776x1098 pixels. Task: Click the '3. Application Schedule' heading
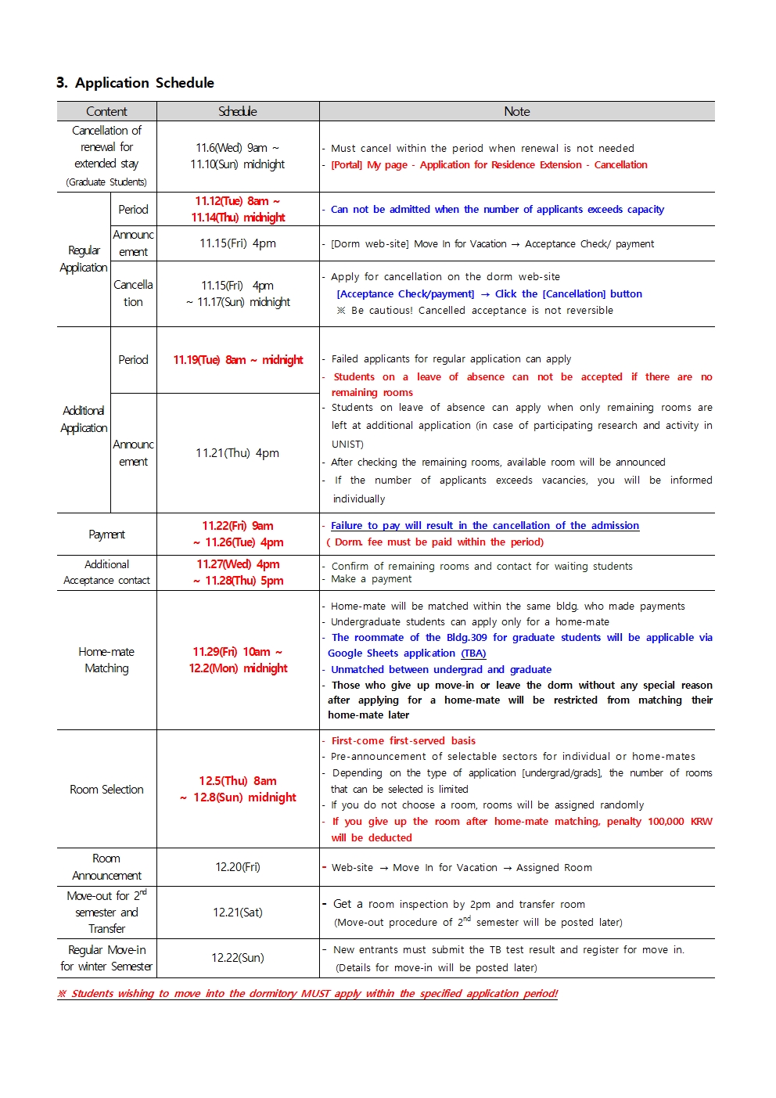(x=135, y=83)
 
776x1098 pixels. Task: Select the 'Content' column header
(x=106, y=112)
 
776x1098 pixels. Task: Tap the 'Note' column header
(x=516, y=112)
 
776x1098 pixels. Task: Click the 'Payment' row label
(x=106, y=535)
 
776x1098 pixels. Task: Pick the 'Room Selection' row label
(x=106, y=790)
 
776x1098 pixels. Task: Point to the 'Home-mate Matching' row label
(x=106, y=660)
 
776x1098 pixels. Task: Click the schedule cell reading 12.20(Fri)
(x=238, y=867)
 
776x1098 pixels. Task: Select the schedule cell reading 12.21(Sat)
(x=238, y=913)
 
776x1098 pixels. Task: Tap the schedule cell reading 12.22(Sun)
(x=238, y=958)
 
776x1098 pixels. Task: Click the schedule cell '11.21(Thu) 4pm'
(x=238, y=453)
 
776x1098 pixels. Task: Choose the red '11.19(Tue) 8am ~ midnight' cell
(x=238, y=360)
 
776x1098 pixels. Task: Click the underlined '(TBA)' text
(x=473, y=653)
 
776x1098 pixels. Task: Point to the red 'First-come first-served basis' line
(x=403, y=740)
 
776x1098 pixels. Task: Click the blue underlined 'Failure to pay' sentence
(x=485, y=526)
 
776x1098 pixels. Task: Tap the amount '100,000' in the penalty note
(x=666, y=822)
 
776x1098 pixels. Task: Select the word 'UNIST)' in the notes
(x=347, y=445)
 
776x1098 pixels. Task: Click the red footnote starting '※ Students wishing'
(x=307, y=994)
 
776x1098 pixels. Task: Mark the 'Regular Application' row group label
(x=84, y=259)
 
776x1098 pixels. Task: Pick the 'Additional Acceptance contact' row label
(x=106, y=573)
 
